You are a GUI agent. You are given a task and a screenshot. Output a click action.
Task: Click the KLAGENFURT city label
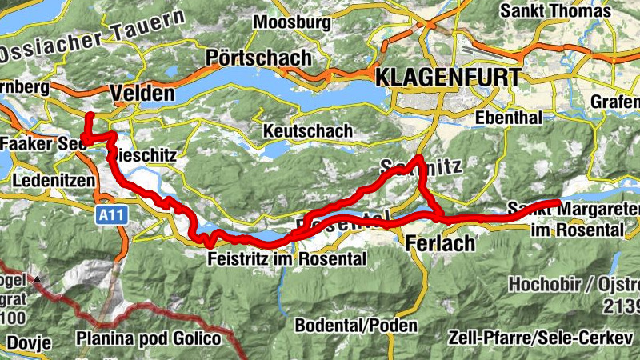[x=447, y=78]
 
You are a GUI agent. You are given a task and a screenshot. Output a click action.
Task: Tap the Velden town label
[x=142, y=93]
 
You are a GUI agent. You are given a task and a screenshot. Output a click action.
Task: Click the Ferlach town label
[x=440, y=243]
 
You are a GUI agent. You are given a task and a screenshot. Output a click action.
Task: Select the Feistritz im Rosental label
[x=286, y=259]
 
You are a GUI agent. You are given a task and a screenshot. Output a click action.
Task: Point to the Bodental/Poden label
[x=356, y=326]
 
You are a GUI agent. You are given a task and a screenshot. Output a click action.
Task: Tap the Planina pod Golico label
[x=148, y=339]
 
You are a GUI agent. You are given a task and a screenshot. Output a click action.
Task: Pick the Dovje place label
[x=29, y=342]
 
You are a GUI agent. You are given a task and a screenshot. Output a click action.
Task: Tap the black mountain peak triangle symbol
[x=38, y=280]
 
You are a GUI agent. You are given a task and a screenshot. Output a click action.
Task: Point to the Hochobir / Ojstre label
[x=573, y=285]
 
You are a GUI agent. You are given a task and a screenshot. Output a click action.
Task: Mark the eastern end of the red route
[x=559, y=201]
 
